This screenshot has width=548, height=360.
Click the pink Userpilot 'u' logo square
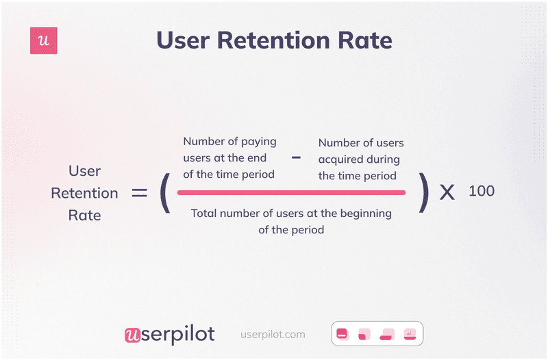tap(44, 41)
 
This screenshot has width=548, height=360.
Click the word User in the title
tap(182, 40)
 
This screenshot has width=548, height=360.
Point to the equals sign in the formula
tap(140, 193)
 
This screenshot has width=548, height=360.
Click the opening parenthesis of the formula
tap(164, 192)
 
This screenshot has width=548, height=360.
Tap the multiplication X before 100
tap(447, 193)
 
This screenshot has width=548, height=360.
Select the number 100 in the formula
tap(481, 191)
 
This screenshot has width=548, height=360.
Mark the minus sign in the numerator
tap(296, 157)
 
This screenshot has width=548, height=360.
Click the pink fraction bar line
tap(291, 193)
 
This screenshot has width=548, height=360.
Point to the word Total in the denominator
tap(205, 214)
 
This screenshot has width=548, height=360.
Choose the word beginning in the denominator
tap(365, 214)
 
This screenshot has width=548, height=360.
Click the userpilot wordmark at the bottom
tap(169, 334)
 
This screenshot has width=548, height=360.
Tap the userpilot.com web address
tap(273, 335)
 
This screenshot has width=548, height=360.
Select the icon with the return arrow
tap(409, 334)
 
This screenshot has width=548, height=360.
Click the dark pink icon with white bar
tap(342, 334)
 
